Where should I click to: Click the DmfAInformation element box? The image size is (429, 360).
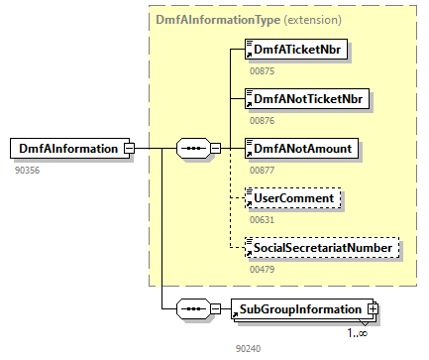pos(65,149)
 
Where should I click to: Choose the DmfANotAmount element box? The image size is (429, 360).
pos(300,149)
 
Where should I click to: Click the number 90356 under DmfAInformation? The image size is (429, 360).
pos(28,170)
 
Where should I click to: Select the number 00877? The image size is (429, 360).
pos(262,170)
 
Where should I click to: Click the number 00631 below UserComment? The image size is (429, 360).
pos(262,219)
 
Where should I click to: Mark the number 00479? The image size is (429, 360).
pos(262,268)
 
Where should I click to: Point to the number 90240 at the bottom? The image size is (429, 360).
pos(248,349)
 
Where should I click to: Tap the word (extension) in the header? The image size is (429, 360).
pos(313,19)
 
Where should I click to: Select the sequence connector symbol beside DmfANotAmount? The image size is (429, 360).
pos(191,149)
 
